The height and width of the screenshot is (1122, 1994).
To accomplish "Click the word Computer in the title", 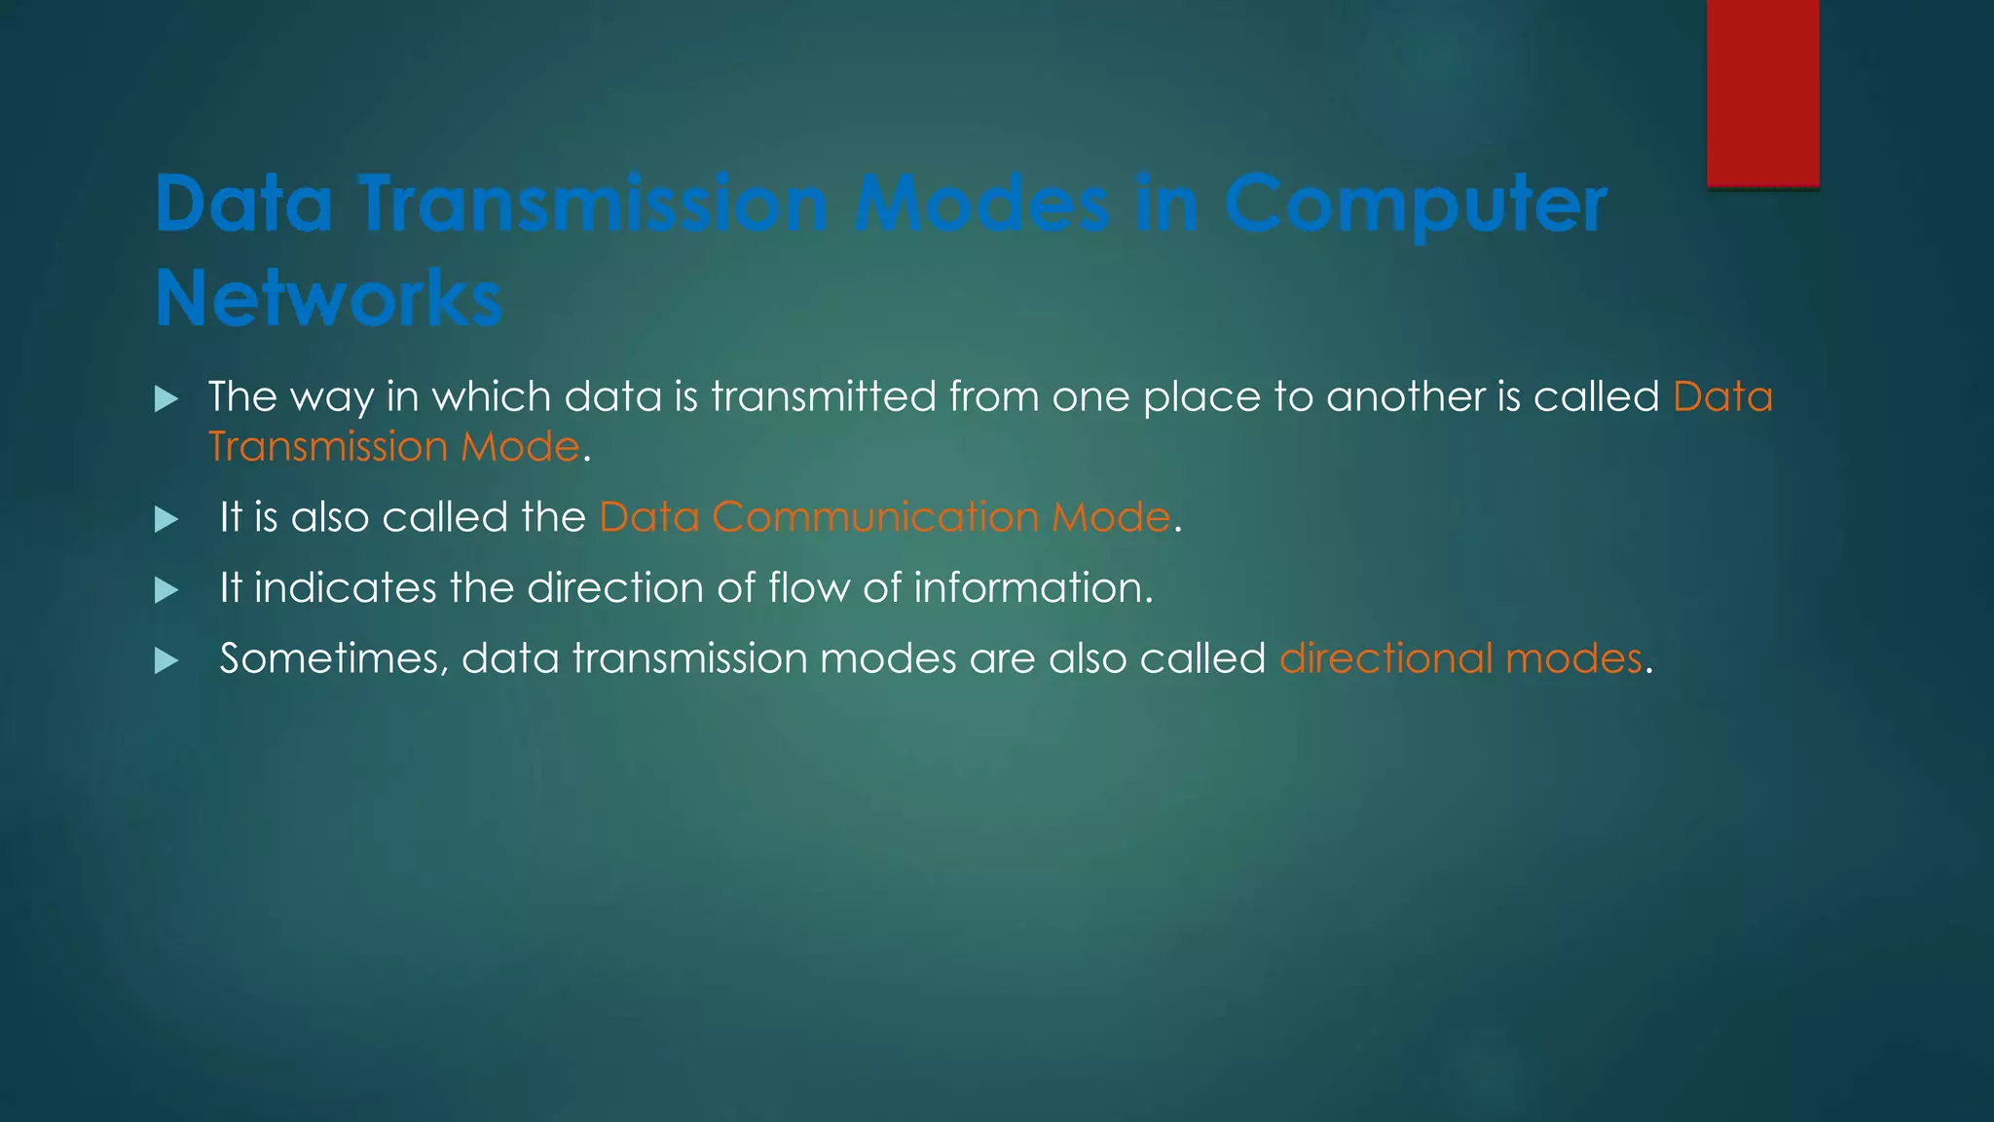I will (x=1415, y=205).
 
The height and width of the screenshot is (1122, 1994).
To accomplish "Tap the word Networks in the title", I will (x=329, y=298).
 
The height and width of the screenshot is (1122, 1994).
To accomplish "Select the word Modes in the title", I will (x=981, y=205).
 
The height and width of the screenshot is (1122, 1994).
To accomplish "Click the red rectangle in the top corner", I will (x=1762, y=93).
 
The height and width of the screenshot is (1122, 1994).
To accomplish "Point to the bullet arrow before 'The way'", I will (x=166, y=398).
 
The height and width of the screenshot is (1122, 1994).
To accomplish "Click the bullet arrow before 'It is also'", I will (x=166, y=519).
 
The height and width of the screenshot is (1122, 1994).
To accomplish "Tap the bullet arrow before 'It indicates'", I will (x=166, y=590).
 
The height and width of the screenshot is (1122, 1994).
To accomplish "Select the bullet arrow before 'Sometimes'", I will (x=166, y=661).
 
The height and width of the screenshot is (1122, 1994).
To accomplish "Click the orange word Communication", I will (x=875, y=517).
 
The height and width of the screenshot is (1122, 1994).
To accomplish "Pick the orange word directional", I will (x=1385, y=659).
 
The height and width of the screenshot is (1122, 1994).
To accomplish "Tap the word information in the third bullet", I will (x=1032, y=588).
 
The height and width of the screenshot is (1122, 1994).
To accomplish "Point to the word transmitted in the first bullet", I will (x=824, y=397).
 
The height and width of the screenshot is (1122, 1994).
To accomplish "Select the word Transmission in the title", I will (x=593, y=205).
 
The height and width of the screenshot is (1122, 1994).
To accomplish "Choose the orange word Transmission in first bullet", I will (x=328, y=447).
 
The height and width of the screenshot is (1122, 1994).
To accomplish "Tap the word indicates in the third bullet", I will (x=346, y=588).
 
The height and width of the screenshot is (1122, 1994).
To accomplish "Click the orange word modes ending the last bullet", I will (x=1573, y=659).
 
